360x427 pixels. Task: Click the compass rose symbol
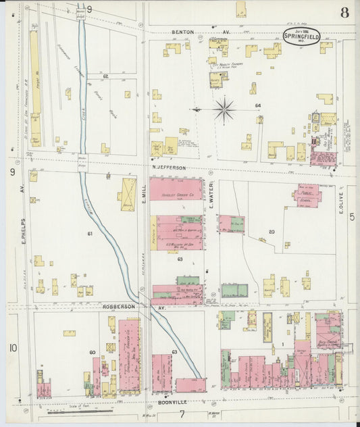224,108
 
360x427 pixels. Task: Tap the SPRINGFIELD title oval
302,36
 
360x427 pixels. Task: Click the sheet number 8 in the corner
345,11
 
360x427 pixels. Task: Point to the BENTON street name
184,32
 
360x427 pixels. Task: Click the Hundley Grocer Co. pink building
177,190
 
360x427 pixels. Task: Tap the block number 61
89,233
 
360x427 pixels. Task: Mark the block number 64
257,105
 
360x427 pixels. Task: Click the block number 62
105,77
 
